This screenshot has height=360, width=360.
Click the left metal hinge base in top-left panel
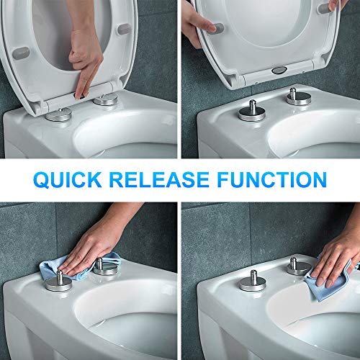(x=58, y=116)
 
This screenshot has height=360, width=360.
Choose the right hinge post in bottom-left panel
(x=105, y=265)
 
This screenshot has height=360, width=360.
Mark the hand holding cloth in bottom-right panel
(x=338, y=248)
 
